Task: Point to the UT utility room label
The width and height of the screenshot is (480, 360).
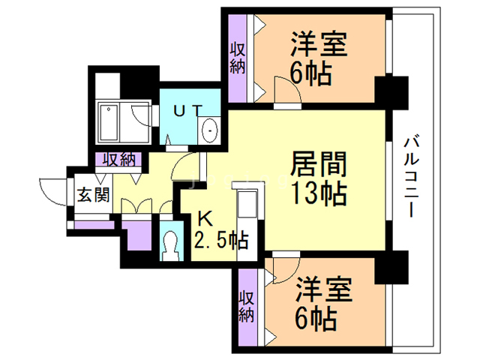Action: tap(187, 110)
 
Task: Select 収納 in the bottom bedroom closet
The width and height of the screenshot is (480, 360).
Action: tap(246, 306)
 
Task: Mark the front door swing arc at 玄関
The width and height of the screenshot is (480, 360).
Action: tap(52, 190)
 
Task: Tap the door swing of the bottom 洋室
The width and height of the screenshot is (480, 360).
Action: tap(284, 268)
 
